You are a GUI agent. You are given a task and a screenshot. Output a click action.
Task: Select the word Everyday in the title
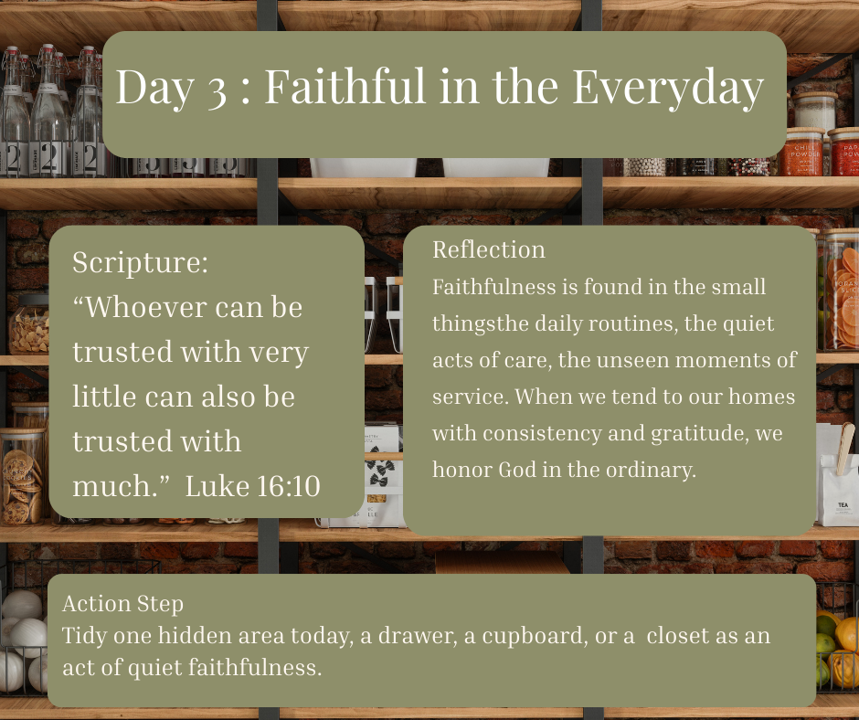668,88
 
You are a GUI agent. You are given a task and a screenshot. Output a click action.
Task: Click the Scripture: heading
140,262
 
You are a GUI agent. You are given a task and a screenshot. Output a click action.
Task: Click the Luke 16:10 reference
252,486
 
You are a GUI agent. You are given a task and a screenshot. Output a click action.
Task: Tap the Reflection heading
489,249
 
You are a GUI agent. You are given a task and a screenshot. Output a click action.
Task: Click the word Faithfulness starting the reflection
494,287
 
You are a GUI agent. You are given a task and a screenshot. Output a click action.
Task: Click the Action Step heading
122,604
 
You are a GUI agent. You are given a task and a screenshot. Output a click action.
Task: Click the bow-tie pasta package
384,471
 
